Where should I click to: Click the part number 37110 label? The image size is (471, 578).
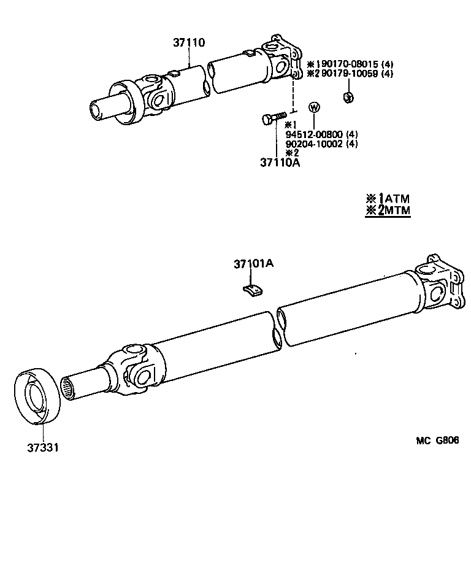[188, 43]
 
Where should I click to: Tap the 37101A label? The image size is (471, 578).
[253, 264]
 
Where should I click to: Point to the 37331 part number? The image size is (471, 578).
[42, 447]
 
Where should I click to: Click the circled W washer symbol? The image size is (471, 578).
[314, 107]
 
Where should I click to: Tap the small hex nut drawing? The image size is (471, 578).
[347, 97]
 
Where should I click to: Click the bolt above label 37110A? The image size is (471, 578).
[274, 117]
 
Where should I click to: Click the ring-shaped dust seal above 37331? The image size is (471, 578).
[36, 396]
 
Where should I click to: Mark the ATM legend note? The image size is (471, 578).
[387, 199]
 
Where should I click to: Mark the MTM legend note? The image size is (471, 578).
[387, 210]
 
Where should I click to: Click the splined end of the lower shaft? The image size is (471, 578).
[69, 389]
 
